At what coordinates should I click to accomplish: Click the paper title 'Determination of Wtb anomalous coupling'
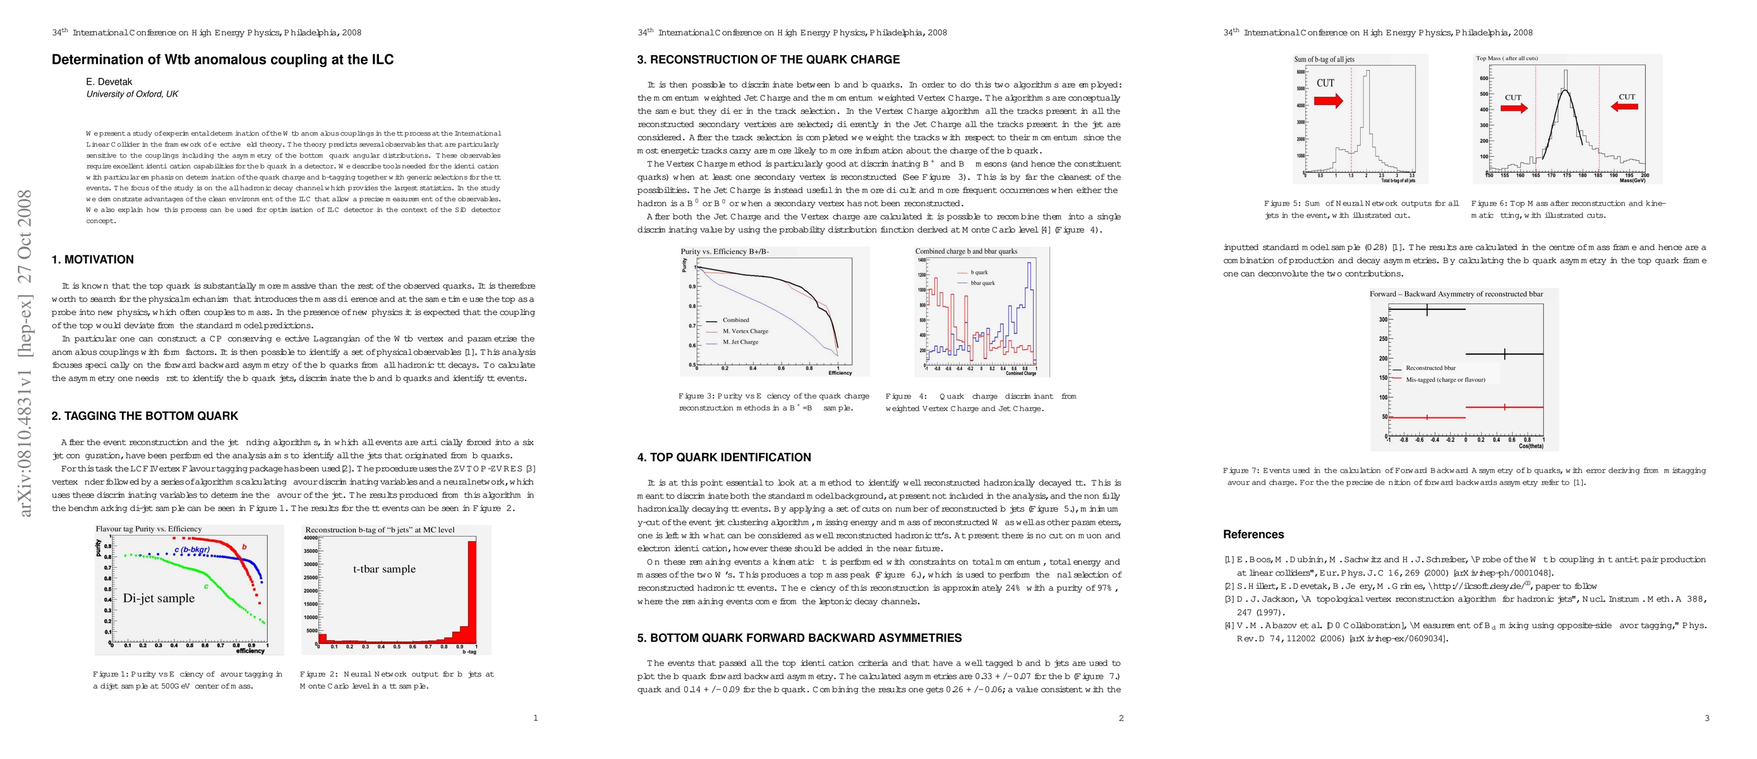coord(222,60)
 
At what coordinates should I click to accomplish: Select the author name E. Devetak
coord(109,82)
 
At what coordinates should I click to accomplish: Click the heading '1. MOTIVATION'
coord(93,259)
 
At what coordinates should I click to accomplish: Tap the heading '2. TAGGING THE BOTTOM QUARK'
coord(145,416)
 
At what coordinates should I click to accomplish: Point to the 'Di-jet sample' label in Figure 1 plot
coord(158,598)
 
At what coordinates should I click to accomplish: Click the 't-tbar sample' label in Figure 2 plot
coord(384,569)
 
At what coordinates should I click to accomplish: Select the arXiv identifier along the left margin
coord(25,353)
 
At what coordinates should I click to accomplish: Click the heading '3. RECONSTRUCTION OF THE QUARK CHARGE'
coord(768,60)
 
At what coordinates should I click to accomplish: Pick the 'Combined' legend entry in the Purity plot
coord(735,320)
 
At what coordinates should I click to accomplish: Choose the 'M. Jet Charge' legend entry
coord(740,342)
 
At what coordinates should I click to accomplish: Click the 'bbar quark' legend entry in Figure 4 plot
coord(982,283)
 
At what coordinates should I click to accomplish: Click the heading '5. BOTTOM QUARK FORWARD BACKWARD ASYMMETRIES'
coord(799,638)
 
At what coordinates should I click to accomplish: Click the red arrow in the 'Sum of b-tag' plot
coord(1328,101)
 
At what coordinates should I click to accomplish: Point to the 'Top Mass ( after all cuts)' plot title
coord(1507,59)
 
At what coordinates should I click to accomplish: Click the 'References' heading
coord(1253,534)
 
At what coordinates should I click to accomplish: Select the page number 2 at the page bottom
coord(1121,718)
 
